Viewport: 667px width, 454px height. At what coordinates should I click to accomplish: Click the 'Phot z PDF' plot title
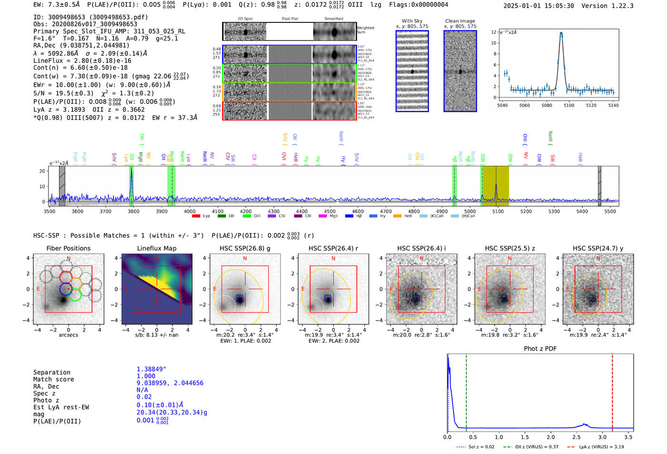[x=540, y=349]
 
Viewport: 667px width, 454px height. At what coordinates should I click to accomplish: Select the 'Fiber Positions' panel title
[x=68, y=248]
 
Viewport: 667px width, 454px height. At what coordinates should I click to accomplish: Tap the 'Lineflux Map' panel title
[x=156, y=248]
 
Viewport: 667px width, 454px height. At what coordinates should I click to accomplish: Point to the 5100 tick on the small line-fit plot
[x=569, y=105]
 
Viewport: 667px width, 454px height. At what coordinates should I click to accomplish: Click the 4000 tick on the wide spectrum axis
[x=190, y=212]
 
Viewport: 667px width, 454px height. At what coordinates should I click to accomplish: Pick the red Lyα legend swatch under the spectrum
[x=196, y=216]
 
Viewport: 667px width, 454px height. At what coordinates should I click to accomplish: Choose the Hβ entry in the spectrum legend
[x=355, y=216]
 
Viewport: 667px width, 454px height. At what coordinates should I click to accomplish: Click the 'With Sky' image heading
[x=412, y=21]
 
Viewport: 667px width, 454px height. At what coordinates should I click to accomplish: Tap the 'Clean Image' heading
[x=460, y=21]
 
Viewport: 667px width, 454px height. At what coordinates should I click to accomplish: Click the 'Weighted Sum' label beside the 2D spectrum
[x=365, y=30]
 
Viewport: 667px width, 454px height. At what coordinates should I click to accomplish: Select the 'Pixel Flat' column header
[x=290, y=19]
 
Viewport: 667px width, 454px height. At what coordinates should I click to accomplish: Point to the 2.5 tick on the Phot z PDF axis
[x=576, y=437]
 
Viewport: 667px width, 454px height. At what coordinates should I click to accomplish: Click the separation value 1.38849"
[x=151, y=369]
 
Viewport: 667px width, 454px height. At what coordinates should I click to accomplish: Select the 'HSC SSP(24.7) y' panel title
[x=598, y=248]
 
